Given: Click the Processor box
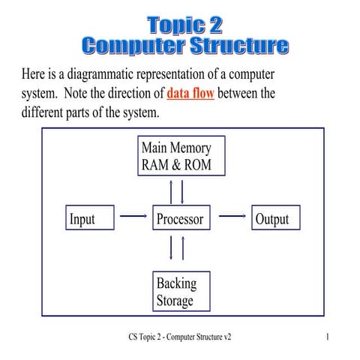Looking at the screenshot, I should click(x=181, y=219).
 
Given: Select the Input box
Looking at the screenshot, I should click(x=91, y=219).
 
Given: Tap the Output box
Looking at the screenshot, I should click(x=271, y=219).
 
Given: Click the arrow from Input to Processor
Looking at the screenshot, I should click(x=133, y=217).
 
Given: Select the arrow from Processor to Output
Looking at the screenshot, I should click(x=232, y=217).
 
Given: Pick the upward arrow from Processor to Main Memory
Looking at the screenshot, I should click(x=173, y=192).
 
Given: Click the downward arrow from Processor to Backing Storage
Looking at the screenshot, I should click(x=173, y=247).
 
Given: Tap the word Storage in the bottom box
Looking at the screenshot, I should click(x=175, y=301).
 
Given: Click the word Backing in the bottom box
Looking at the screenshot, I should click(x=176, y=283).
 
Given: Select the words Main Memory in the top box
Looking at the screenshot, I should click(x=181, y=148).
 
